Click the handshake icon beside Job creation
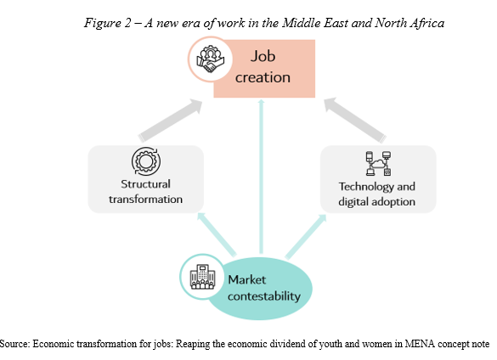(211, 59)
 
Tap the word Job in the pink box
(263, 57)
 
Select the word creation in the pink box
(263, 77)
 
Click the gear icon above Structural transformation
(146, 161)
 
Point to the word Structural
(145, 184)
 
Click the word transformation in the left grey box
(145, 200)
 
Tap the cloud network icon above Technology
(378, 164)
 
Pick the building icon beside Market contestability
(202, 277)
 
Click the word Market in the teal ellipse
(247, 280)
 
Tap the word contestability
(264, 296)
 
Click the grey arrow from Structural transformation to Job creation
(171, 120)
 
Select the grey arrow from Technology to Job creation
(355, 120)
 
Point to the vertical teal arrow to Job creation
(261, 177)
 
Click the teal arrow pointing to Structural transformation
(217, 233)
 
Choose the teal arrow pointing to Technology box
(306, 237)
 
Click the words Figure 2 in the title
(107, 23)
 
